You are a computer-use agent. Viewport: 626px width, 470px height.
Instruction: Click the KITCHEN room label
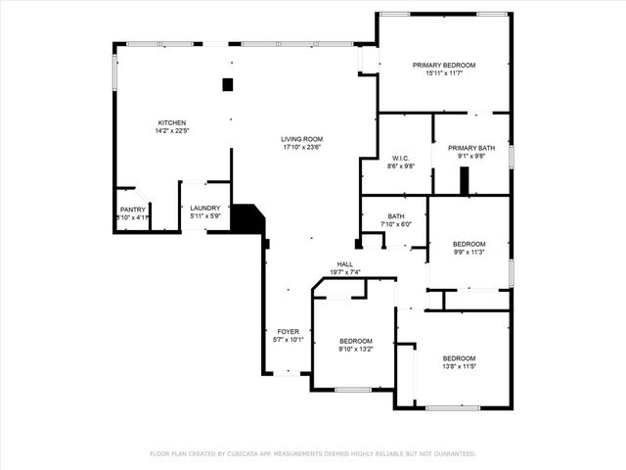(x=171, y=123)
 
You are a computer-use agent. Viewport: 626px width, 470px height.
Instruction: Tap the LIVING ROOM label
(x=302, y=139)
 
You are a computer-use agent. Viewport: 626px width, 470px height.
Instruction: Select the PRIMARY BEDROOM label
(x=443, y=66)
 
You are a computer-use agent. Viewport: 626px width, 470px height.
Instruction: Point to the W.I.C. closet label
(x=400, y=158)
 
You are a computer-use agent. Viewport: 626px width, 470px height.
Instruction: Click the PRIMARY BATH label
(x=471, y=148)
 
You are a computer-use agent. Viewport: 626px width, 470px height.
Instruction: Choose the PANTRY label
(x=132, y=210)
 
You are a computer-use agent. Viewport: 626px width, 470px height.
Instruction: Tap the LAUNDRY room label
(x=204, y=208)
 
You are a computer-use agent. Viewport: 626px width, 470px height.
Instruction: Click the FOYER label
(x=288, y=332)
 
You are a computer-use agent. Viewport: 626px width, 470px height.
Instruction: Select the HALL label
(x=345, y=264)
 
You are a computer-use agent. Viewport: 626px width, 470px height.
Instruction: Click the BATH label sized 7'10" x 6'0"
(x=396, y=216)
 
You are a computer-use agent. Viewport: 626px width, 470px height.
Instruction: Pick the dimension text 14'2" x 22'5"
(x=171, y=131)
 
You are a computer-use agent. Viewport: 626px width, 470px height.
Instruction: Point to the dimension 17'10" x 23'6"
(x=302, y=147)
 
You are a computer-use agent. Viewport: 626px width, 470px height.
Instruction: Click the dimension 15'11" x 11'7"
(x=443, y=73)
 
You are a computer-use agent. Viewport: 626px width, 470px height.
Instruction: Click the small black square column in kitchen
(x=228, y=85)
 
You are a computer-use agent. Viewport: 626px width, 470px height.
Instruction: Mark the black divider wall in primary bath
(x=466, y=180)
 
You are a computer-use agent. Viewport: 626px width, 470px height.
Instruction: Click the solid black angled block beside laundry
(x=248, y=219)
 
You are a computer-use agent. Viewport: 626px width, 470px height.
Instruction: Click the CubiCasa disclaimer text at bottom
(x=312, y=453)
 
